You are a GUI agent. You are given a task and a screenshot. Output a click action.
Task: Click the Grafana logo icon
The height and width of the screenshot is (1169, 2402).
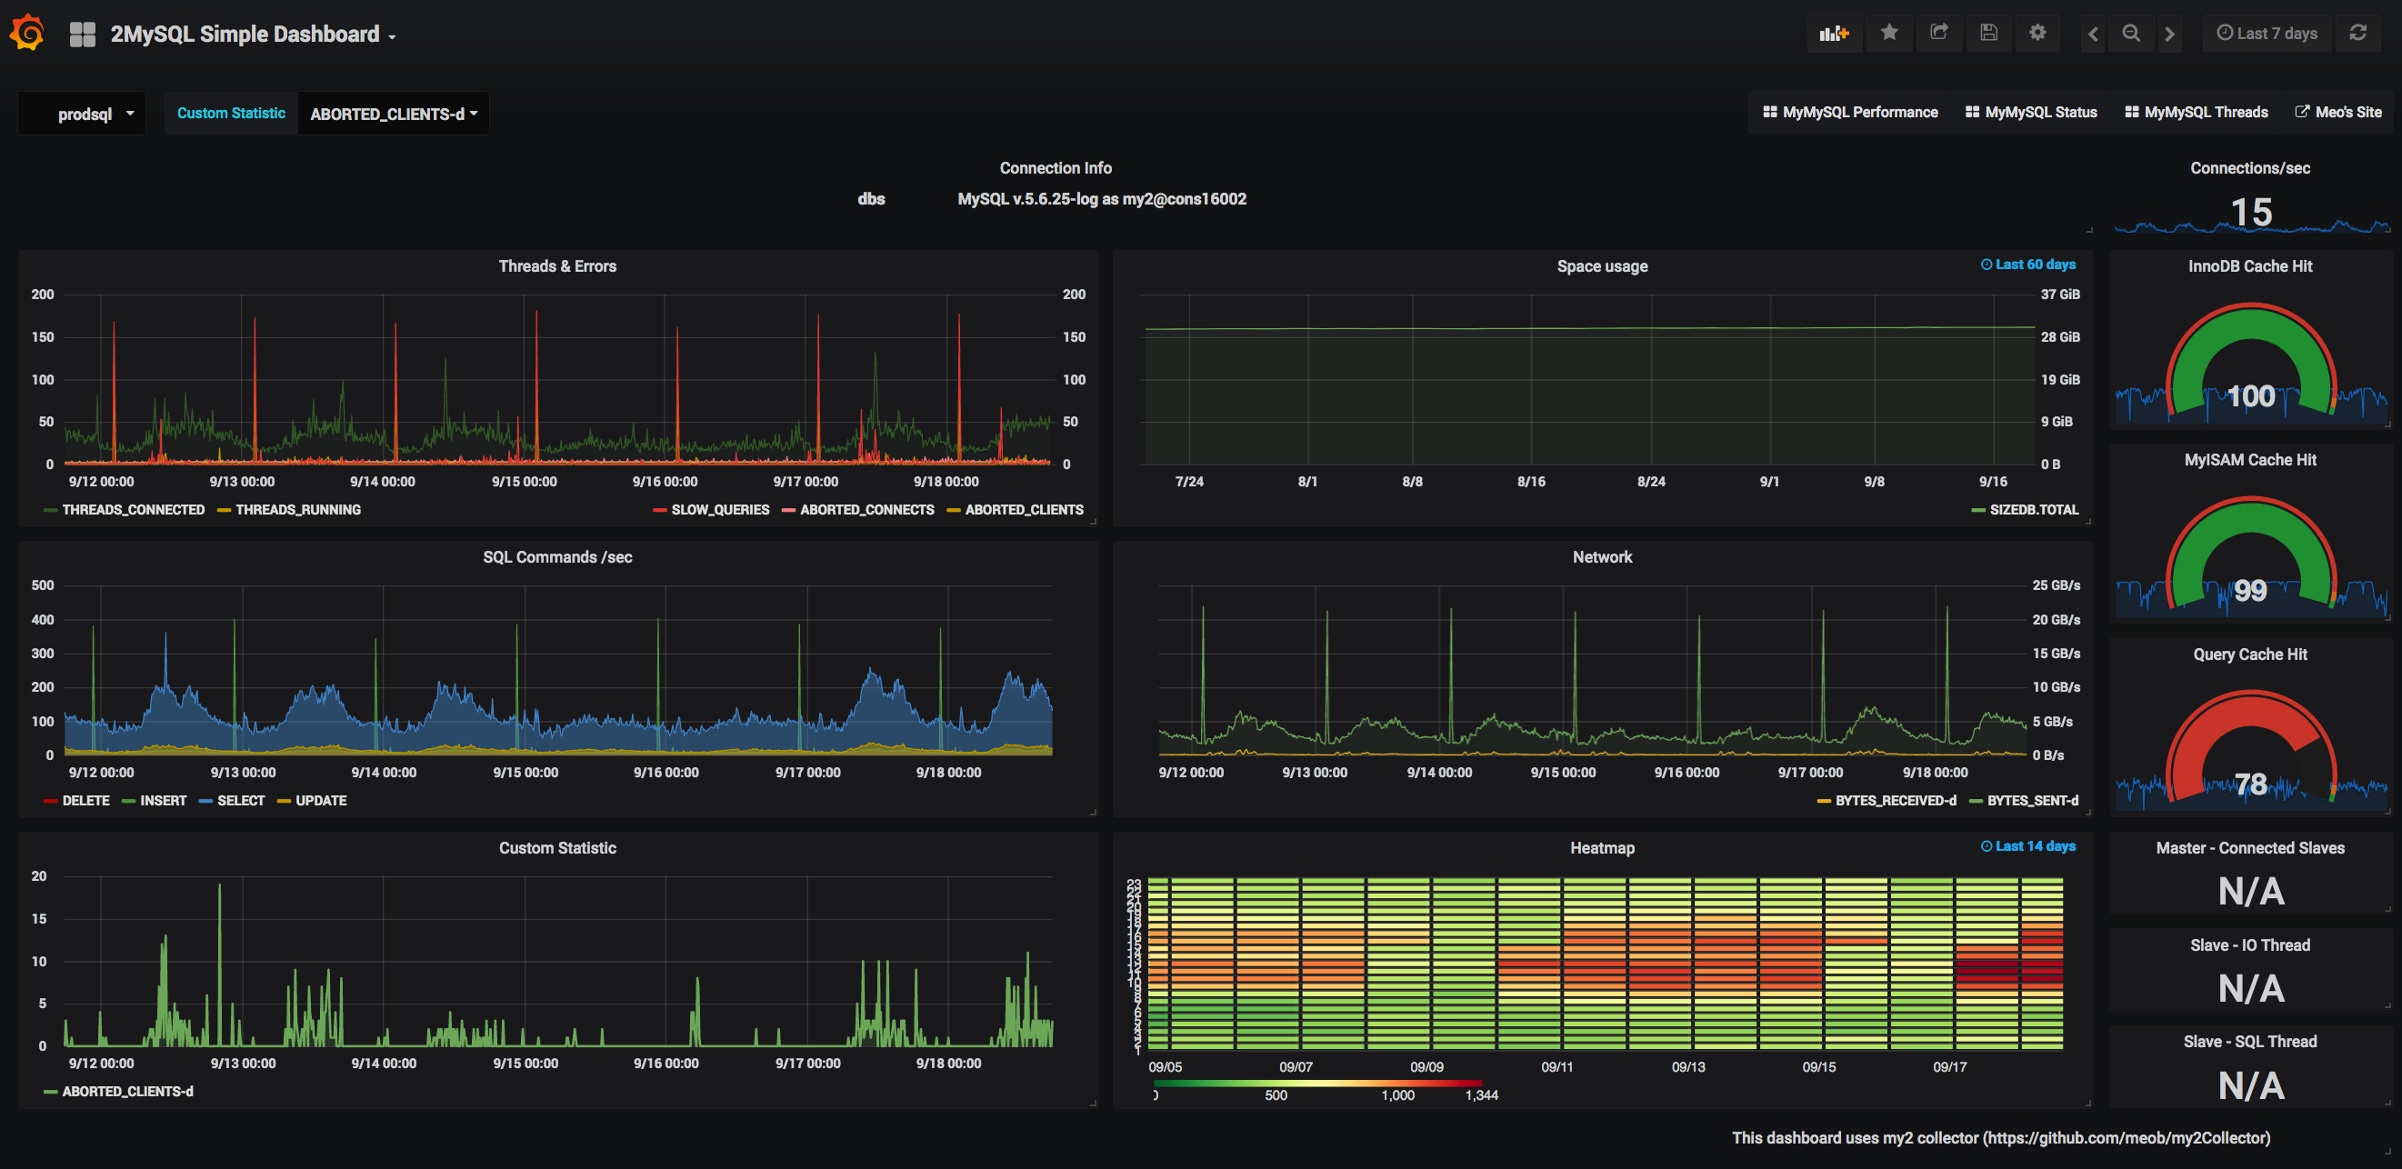(27, 34)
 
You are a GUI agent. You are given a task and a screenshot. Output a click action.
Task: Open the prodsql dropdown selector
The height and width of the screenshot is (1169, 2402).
(94, 114)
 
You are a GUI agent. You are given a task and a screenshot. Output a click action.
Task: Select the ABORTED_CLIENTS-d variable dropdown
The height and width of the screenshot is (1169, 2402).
(394, 114)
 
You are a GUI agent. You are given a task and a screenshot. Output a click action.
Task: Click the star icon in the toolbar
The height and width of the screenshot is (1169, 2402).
(1889, 34)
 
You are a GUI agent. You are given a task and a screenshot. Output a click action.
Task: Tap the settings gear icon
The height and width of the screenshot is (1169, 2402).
(2037, 34)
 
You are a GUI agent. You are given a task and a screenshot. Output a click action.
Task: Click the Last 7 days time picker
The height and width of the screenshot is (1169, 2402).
(2267, 34)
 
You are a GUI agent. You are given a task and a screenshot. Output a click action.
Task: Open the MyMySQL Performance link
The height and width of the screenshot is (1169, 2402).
(1850, 112)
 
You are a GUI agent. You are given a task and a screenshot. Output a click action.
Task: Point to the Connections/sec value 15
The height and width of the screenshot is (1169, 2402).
(2250, 213)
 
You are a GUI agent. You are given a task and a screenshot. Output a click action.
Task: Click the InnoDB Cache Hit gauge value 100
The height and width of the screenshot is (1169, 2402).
(2250, 396)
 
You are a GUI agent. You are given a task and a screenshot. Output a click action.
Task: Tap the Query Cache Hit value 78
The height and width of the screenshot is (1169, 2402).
(2250, 784)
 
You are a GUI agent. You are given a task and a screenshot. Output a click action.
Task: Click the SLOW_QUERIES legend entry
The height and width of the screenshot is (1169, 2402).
(719, 510)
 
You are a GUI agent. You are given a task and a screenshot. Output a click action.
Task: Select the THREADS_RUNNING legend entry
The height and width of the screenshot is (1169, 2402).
(296, 510)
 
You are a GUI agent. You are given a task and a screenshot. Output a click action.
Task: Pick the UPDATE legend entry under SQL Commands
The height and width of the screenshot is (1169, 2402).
(320, 801)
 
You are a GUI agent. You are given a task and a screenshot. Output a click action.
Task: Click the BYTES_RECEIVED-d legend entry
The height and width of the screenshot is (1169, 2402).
(1895, 801)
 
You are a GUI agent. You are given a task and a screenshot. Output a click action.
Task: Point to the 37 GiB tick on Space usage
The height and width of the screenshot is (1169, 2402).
(2060, 295)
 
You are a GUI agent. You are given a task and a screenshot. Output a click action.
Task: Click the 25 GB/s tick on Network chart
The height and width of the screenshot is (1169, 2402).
(2055, 585)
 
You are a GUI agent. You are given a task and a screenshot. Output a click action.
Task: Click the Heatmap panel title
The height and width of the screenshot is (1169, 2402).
(1602, 848)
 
